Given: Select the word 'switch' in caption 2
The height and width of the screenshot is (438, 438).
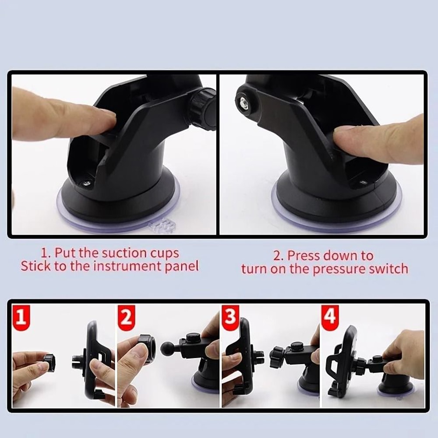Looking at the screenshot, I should click(387, 268).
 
